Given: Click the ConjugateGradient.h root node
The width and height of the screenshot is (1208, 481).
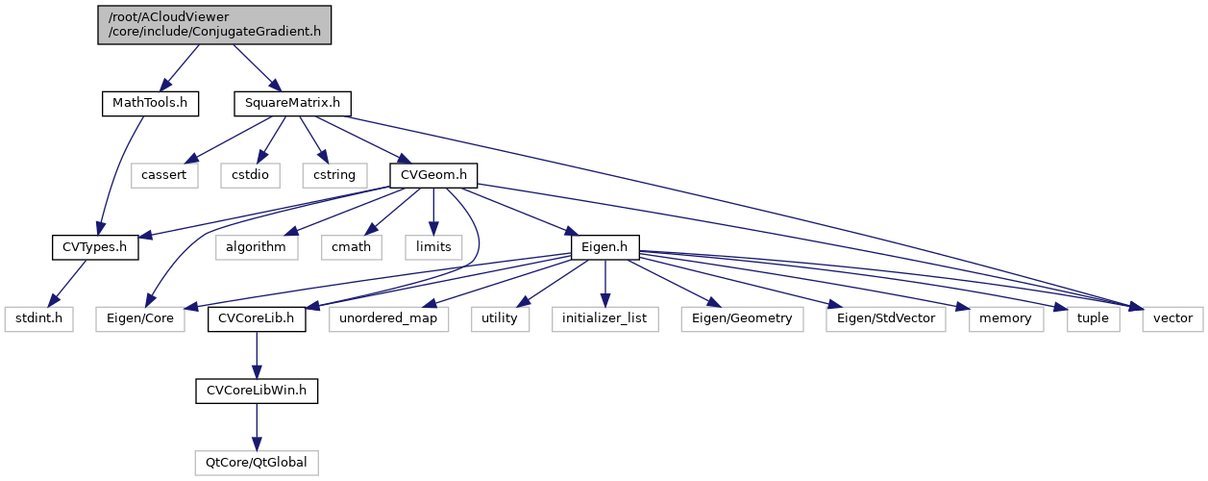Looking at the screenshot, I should (x=213, y=24).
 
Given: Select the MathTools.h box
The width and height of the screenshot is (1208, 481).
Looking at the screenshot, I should (x=150, y=103).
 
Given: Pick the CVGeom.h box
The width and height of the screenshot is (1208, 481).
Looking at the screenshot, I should (x=433, y=175).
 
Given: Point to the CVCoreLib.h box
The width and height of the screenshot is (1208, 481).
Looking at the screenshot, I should (x=257, y=318).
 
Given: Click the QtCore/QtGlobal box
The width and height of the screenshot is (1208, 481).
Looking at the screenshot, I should (x=257, y=463).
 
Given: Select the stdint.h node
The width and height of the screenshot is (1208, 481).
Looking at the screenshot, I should (x=37, y=318).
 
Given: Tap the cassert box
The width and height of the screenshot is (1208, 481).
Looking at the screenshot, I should (x=164, y=175).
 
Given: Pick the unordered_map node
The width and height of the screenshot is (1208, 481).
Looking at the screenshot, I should (x=388, y=318).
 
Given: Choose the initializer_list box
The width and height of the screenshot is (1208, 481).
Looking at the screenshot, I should (x=604, y=318).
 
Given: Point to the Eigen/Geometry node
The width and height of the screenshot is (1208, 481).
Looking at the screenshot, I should (x=742, y=318).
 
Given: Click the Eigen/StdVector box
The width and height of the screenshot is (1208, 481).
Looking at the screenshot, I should (x=886, y=318).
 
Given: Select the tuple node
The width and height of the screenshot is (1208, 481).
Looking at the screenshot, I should (x=1094, y=318).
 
